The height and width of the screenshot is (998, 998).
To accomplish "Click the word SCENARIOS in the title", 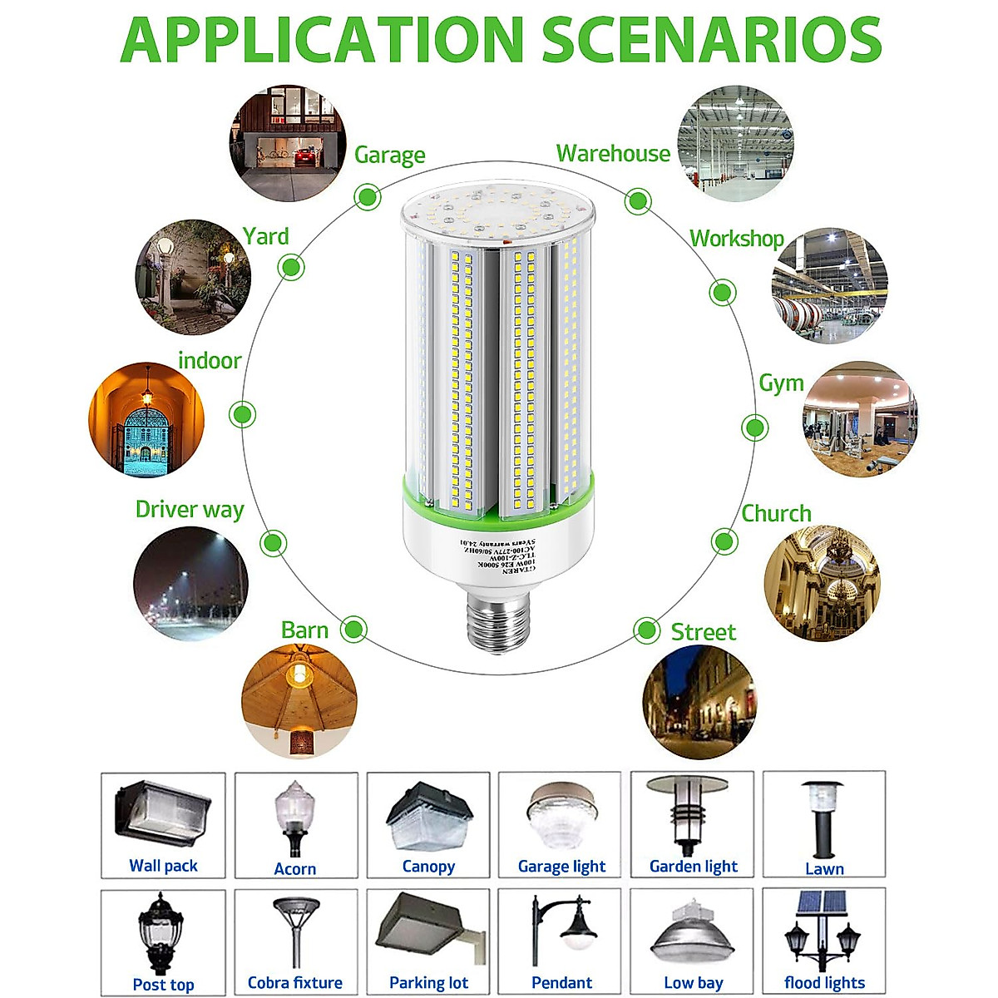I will click(712, 39).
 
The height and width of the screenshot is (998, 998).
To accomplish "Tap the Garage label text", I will click(389, 156).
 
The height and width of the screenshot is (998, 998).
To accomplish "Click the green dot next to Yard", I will click(291, 267).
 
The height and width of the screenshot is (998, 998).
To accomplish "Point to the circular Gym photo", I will click(860, 419).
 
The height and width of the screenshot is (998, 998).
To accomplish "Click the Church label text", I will click(776, 514).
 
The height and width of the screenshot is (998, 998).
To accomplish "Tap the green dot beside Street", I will click(646, 630).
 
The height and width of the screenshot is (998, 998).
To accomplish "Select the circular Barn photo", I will click(299, 700).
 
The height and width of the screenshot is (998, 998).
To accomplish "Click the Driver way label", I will click(190, 509).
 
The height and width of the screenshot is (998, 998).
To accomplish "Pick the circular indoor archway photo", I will click(146, 419).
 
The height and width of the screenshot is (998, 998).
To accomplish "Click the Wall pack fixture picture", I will click(163, 815).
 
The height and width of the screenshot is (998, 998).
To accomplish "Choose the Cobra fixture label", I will click(295, 982).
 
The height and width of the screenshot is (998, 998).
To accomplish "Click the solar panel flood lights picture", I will click(823, 931).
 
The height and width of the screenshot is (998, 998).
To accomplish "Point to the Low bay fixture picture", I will click(692, 931).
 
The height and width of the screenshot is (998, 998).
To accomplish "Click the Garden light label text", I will click(693, 866).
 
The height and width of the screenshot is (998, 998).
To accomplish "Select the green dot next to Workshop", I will click(722, 293).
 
